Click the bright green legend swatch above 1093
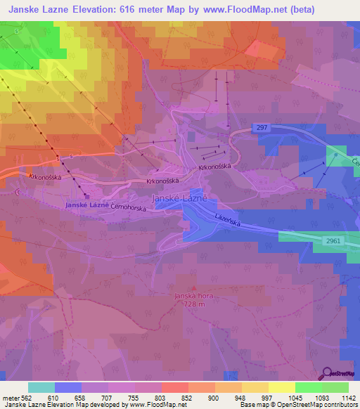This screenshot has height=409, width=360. (309, 387)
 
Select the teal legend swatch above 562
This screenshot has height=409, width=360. (41, 387)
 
